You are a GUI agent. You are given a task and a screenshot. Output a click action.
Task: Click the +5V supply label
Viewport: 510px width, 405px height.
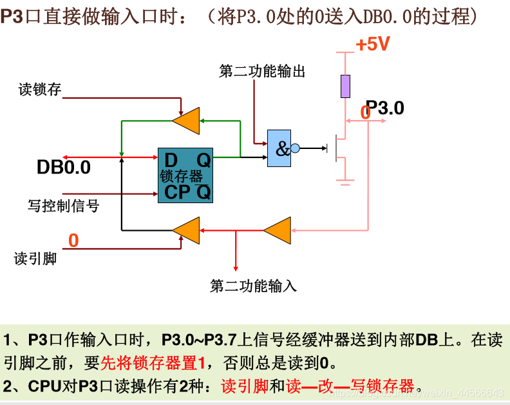[373, 44]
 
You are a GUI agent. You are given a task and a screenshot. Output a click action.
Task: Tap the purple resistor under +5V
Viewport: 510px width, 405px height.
[346, 86]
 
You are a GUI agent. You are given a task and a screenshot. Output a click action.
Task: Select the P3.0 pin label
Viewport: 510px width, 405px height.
[385, 108]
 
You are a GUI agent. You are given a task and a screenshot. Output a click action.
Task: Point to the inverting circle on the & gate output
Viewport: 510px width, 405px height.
[295, 148]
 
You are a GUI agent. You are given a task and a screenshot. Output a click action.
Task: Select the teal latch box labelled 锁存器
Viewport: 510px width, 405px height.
[185, 175]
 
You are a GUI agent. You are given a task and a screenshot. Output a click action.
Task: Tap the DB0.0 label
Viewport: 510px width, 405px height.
[63, 168]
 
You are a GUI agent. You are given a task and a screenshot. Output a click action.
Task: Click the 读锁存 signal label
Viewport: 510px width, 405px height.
[40, 90]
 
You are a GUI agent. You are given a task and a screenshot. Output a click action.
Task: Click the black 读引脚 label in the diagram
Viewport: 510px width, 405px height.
[35, 259]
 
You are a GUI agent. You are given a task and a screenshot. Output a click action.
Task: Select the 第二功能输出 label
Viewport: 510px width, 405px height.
[262, 71]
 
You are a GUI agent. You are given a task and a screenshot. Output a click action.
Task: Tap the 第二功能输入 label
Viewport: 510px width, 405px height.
[253, 286]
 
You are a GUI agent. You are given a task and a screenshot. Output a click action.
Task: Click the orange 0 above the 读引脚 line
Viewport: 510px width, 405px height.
[73, 241]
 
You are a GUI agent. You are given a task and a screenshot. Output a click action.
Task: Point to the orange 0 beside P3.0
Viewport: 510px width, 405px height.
[365, 113]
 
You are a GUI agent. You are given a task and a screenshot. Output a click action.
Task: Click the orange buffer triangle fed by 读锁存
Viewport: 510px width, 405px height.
[188, 119]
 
